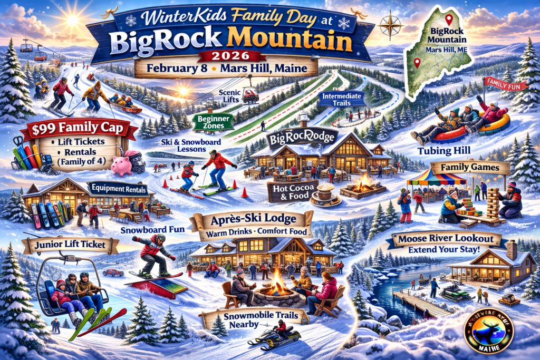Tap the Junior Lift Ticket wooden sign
pos(70,245)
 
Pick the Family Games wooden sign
pos(470,168)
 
